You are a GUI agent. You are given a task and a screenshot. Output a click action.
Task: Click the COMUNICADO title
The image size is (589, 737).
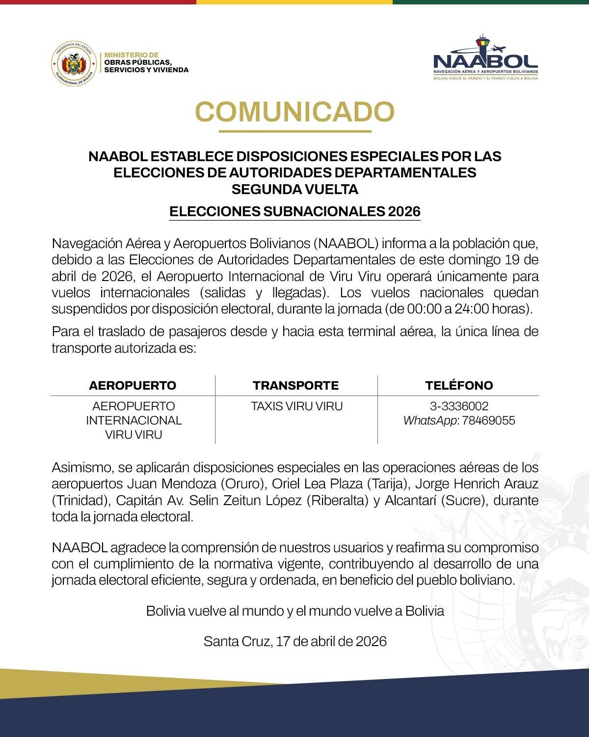point(294,112)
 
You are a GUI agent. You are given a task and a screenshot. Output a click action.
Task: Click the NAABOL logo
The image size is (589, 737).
point(485,59)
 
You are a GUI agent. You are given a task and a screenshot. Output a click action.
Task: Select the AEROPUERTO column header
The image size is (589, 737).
point(133,385)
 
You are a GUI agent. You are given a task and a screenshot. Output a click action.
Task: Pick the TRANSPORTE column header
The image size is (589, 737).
point(296,385)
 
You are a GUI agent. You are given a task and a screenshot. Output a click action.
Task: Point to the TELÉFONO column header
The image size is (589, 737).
point(459,385)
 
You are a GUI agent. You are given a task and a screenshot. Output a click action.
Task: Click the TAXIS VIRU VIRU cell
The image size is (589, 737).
point(296,406)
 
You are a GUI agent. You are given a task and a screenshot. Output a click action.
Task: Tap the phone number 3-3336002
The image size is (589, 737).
point(459,406)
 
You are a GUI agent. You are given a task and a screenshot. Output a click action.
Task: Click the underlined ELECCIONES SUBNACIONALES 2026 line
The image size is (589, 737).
point(294,211)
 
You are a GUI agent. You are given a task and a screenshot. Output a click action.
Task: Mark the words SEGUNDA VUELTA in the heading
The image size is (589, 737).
point(294,189)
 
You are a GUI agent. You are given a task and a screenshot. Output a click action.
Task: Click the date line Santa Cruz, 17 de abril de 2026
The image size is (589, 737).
point(295,641)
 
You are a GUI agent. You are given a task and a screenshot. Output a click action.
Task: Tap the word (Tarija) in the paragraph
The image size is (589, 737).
point(388,484)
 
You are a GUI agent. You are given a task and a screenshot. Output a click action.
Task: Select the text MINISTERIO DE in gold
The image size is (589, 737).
point(132,55)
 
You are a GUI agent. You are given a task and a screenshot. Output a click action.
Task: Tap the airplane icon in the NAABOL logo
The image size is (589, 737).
point(498,49)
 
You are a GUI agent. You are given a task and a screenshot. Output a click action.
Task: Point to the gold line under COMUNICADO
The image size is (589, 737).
point(294,131)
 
